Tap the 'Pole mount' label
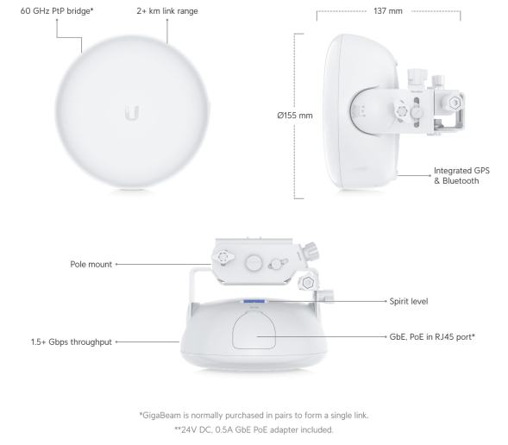point(91,264)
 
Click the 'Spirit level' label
point(408,302)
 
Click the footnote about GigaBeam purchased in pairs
point(253,416)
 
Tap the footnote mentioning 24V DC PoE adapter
point(253,429)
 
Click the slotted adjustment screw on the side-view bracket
point(417,112)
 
